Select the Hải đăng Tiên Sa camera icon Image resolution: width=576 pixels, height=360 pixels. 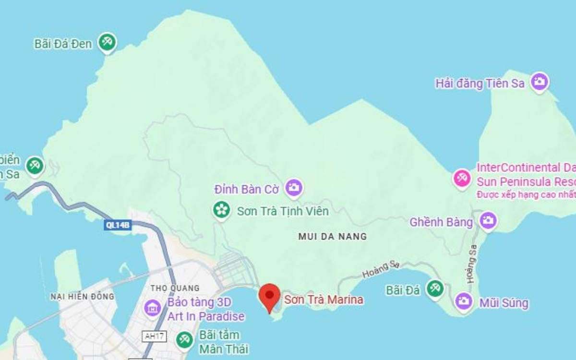540,83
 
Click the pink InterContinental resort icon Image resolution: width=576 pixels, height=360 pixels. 462,179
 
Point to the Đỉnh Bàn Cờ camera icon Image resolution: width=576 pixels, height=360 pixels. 294,188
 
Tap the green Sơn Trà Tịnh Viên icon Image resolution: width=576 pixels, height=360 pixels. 221,210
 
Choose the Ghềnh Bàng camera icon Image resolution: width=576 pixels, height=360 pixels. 488,221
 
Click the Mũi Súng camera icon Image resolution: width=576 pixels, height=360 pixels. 463,301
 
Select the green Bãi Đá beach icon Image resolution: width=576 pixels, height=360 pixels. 435,289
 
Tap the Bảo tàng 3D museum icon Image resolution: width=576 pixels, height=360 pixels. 153,308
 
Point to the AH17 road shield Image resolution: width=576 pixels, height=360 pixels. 155,336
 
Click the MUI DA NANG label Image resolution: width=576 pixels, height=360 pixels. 332,236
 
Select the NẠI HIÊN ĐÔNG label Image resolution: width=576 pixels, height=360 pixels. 83,297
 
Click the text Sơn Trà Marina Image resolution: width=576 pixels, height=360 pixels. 324,300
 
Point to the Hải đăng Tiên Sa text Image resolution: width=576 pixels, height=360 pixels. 480,84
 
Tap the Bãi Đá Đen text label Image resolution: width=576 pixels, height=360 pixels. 63,44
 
